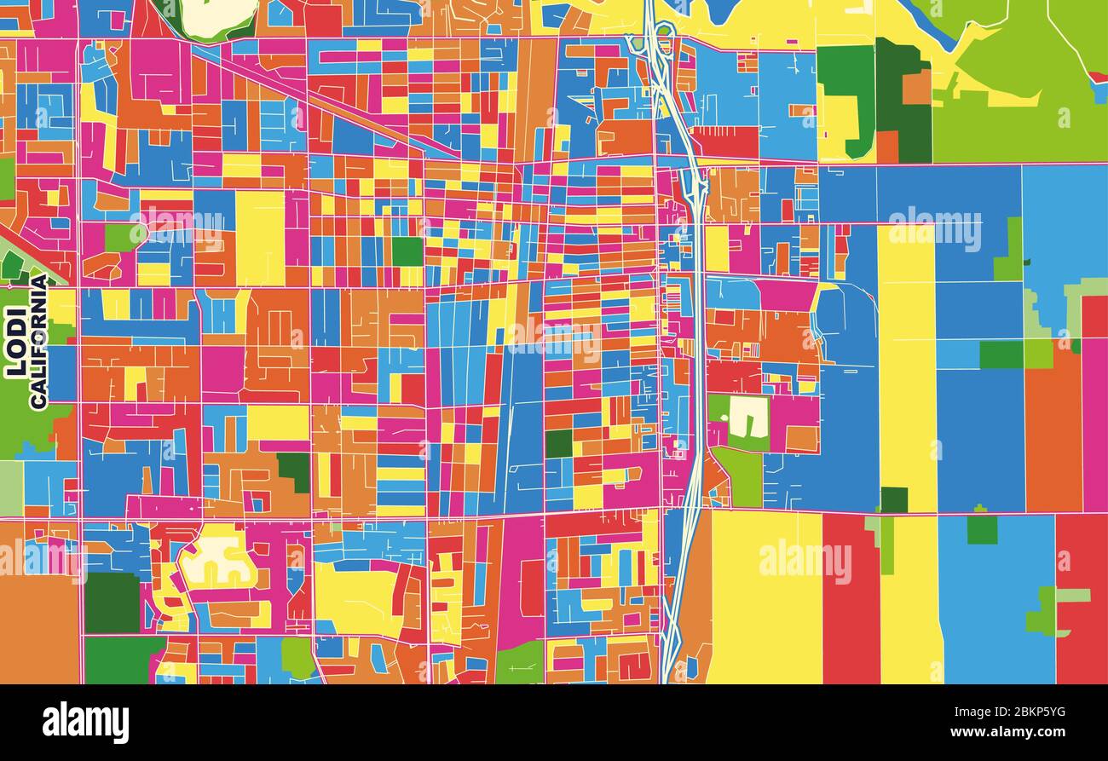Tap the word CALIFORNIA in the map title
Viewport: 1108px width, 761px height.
tap(38, 341)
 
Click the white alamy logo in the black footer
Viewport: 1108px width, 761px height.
tap(85, 723)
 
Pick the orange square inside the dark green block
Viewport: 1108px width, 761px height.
tap(916, 87)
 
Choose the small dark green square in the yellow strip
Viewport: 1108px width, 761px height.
tap(893, 499)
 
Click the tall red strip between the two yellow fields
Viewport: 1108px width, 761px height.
tap(850, 597)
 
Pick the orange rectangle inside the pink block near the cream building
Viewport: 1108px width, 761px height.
tap(801, 438)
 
